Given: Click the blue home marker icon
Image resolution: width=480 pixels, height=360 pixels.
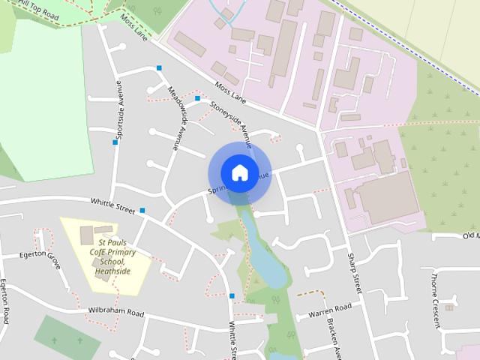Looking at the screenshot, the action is point(239,172).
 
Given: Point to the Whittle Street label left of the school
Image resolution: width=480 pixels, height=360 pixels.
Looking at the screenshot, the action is point(112,205).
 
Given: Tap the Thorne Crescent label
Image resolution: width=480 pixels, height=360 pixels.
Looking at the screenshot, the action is point(434,299).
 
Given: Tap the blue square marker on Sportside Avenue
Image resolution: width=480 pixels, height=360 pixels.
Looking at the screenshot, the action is point(115,142).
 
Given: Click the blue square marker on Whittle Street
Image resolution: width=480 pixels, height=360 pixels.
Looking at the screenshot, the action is point(142,211).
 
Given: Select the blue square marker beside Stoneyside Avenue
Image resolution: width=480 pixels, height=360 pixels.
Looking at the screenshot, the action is point(197,98).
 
